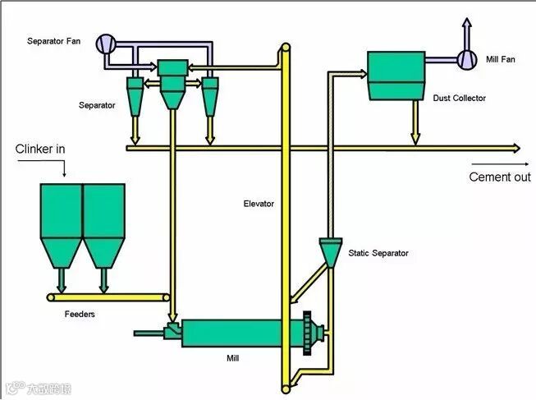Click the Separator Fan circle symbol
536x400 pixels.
point(106,44)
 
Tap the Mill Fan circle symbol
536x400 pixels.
point(466,58)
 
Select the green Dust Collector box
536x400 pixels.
point(395,76)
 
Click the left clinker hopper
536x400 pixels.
point(62,222)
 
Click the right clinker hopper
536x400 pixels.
point(103,222)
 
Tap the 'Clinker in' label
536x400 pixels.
point(39,149)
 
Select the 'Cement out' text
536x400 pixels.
point(500,177)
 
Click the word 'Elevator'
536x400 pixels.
point(259,204)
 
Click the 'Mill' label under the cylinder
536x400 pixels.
point(233,359)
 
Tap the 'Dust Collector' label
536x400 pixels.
point(460,99)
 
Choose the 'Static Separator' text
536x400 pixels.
point(378,254)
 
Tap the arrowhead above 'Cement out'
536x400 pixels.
point(515,148)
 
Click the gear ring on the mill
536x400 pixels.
point(308,333)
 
